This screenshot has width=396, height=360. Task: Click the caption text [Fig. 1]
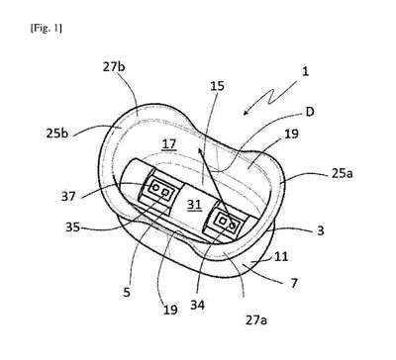point(46,29)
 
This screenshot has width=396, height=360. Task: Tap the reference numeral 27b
point(114,67)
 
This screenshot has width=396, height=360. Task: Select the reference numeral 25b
point(57,133)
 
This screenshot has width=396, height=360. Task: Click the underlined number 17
point(169,144)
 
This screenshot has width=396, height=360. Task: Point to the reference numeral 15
point(217,86)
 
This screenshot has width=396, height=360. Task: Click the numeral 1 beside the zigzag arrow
point(306,71)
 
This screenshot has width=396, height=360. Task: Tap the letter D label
point(310,112)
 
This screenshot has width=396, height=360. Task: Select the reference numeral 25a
point(342,173)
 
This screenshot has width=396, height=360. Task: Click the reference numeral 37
point(68,197)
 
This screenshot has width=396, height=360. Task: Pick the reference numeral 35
point(72,227)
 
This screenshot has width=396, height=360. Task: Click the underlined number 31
point(194,205)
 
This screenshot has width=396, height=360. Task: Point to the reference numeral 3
point(321,230)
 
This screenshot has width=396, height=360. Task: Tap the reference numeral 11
point(281,256)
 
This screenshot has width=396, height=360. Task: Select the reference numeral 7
point(294,283)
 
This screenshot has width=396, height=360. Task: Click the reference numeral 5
point(127,292)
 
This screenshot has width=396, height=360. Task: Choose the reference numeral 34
point(197,305)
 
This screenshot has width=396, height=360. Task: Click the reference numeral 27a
point(256,319)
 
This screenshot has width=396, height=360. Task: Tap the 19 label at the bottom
point(170,310)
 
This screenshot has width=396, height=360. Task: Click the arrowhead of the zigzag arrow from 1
point(246,113)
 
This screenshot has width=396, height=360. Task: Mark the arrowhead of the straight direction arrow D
point(200,151)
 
